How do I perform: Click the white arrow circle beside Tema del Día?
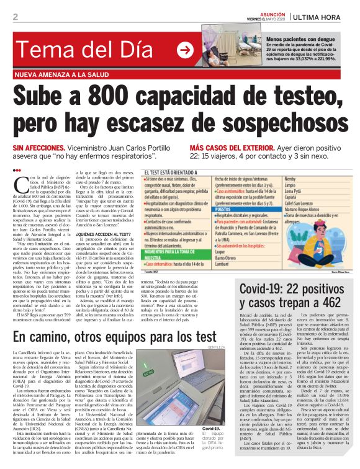tap(184, 50)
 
